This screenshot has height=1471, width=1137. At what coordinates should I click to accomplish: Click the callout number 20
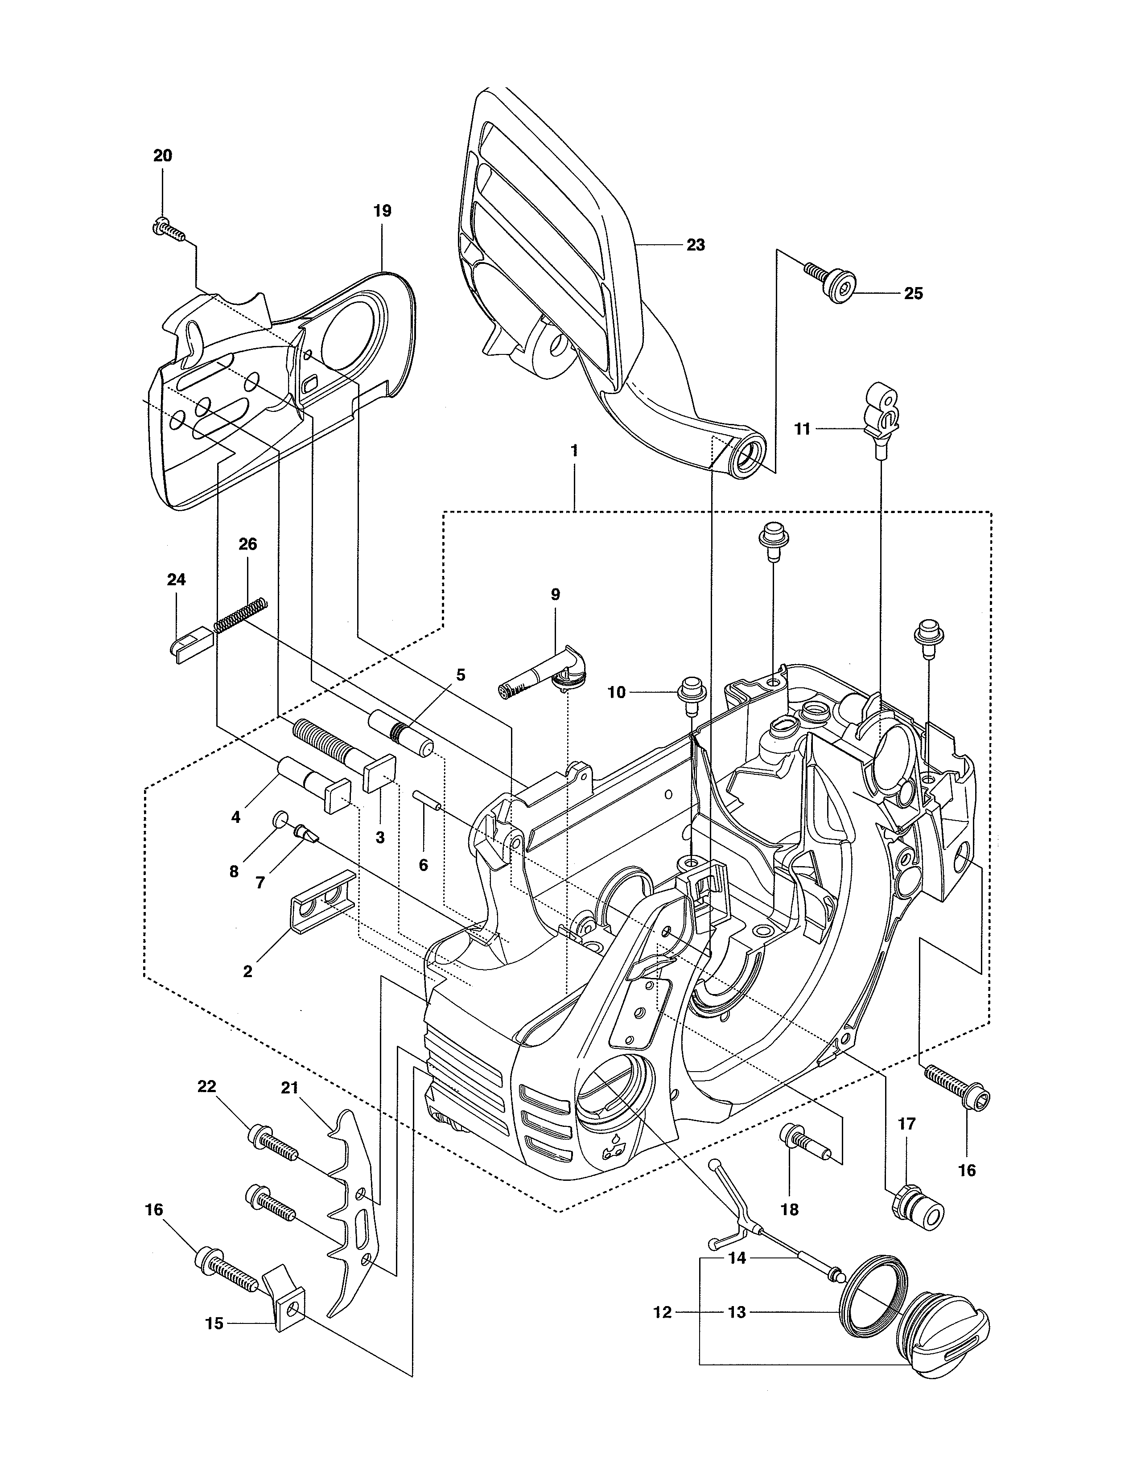[162, 156]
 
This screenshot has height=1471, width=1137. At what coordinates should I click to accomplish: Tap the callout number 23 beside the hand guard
[695, 245]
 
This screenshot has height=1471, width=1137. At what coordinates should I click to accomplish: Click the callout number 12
[663, 1312]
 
